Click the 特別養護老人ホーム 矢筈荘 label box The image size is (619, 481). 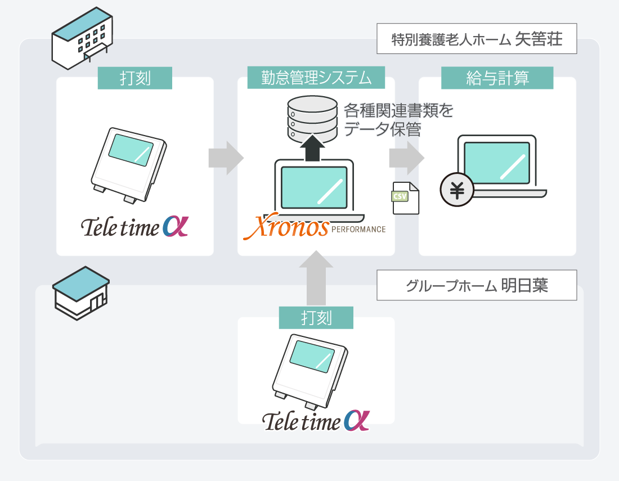coord(477,39)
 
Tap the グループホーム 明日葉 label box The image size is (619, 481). coord(477,285)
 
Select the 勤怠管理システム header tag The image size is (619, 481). coord(316,78)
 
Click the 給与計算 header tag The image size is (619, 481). coord(497,78)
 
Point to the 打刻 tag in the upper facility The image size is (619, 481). coord(135,78)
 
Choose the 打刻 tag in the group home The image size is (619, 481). coord(316,318)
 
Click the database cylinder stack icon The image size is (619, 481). coord(312,119)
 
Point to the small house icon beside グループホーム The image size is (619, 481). coord(81,293)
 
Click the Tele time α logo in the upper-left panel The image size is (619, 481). coord(135,226)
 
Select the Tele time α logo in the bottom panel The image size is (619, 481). coord(316,421)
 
